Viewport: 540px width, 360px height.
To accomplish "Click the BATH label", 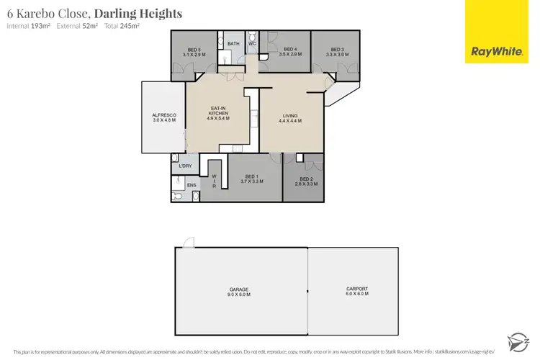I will (233, 44).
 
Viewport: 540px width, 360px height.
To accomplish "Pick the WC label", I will (252, 44).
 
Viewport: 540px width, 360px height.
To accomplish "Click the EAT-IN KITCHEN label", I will (218, 113).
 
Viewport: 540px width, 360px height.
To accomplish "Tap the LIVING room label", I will (290, 117).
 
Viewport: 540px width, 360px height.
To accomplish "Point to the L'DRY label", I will (184, 167).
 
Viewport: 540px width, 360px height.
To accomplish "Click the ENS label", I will (192, 186).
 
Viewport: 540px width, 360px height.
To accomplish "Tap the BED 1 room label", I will (251, 179).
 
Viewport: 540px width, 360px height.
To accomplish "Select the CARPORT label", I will (357, 292).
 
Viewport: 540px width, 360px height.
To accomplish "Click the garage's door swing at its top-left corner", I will (188, 243).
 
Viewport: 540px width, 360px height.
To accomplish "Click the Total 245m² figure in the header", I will (123, 26).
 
